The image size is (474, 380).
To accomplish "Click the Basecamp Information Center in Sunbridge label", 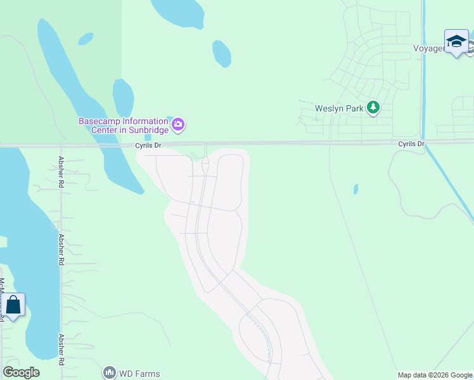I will pos(123,125).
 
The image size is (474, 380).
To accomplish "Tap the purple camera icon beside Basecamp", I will pos(178,124).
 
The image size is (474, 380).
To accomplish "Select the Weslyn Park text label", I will pos(339,108).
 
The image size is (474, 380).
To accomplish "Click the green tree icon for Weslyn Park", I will pos(373,108).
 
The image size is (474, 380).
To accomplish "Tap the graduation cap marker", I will pos(456,42).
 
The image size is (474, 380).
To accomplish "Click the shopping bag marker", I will pos(13,306).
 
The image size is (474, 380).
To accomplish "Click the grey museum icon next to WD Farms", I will pos(109,373).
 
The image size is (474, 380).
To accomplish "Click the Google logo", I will pos(21,372).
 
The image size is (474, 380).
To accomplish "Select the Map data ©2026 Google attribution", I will pos(435,375).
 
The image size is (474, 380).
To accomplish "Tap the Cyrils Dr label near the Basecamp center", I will pos(148,145).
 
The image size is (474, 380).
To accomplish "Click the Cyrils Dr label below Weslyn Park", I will pos(411,144).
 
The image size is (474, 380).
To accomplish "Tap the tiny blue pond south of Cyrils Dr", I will pos(355,189).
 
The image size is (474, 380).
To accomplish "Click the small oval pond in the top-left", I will pos(86,39).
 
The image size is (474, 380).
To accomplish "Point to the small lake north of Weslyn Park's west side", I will pos(221,54).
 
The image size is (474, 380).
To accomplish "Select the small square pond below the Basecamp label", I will pos(148,136).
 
